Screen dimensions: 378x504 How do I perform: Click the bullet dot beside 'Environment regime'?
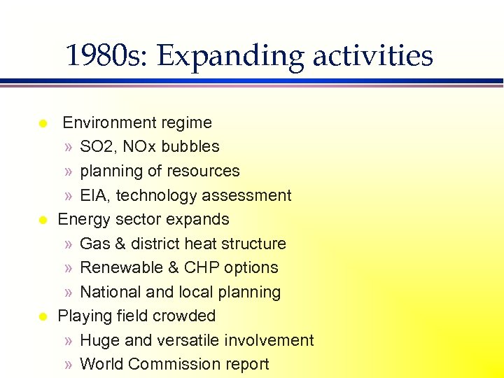[43, 124]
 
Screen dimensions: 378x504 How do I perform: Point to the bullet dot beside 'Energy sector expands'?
[43, 220]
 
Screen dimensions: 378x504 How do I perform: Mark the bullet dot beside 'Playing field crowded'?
[43, 316]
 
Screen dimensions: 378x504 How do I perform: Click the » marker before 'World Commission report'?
[67, 365]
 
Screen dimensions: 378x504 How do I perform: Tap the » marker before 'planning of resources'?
[67, 171]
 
